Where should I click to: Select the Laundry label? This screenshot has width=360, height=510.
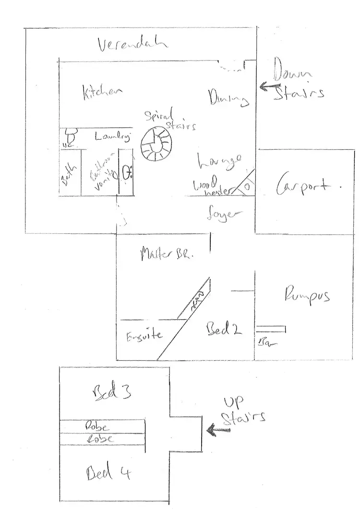(112, 136)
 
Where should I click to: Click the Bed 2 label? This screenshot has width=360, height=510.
(223, 329)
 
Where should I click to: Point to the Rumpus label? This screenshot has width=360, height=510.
(307, 294)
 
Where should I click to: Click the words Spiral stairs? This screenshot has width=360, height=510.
(168, 120)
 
